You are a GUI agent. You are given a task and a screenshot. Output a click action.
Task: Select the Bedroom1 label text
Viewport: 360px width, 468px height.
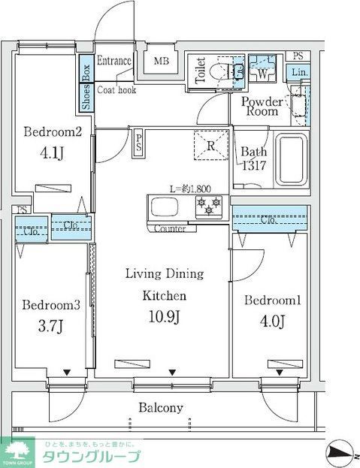coord(272,300)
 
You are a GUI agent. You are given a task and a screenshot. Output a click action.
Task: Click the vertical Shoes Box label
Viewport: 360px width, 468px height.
coord(86,87)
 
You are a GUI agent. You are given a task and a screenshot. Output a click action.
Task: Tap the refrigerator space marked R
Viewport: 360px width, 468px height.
coord(211,145)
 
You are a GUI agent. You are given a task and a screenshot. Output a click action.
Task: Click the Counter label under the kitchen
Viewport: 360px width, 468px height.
coord(170,228)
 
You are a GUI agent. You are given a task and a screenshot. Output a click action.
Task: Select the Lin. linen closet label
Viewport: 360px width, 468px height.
coord(299,71)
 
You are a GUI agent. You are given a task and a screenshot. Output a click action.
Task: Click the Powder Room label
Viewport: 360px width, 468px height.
coord(262,106)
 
